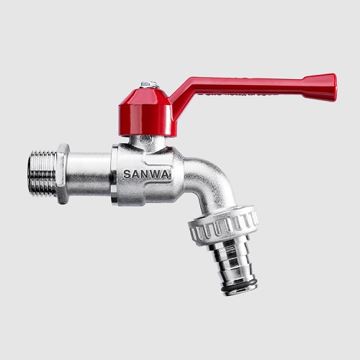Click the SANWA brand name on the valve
(x=147, y=174)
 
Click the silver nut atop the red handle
(x=149, y=84)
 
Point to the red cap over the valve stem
(x=145, y=112)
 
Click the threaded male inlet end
(x=42, y=174)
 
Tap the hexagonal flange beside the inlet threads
(x=63, y=174)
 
